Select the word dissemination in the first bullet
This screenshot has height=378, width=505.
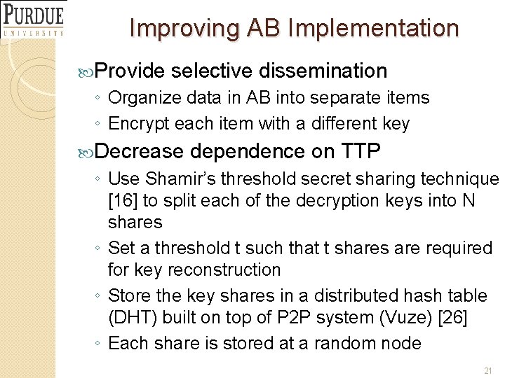click(323, 71)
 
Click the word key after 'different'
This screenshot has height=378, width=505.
click(396, 124)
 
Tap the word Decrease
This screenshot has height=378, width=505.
click(138, 151)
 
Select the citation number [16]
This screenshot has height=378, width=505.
click(123, 200)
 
